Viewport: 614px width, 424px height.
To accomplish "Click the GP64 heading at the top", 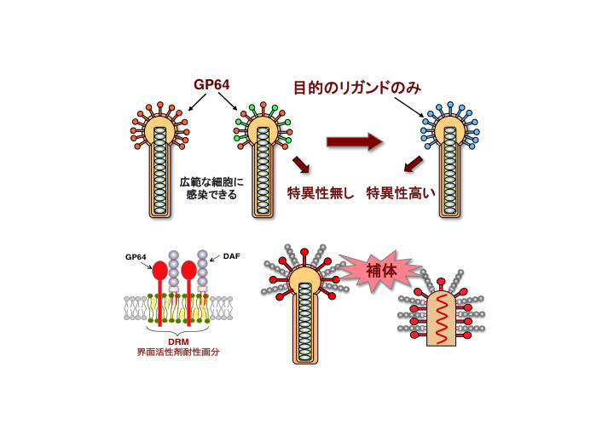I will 212,84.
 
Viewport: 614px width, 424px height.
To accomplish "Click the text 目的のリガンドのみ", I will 357,87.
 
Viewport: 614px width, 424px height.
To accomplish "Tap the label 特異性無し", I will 320,193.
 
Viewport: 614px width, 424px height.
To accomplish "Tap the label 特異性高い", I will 401,193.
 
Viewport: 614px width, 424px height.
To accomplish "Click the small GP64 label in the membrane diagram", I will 136,256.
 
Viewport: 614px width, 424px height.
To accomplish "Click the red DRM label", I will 177,341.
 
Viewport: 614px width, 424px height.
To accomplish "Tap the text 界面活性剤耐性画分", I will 177,352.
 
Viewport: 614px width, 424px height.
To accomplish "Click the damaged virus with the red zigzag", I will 443,319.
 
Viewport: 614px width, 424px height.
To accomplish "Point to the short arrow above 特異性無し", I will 301,163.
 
